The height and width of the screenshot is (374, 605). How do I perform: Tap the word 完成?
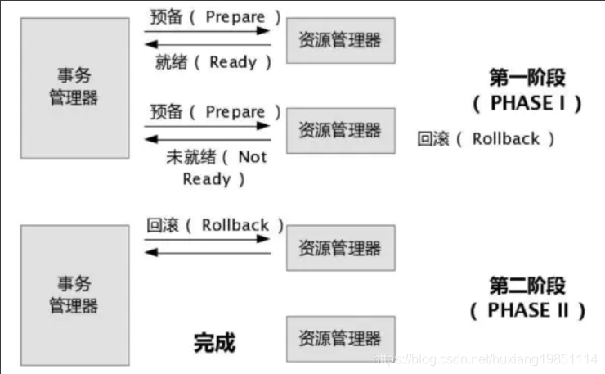[214, 341]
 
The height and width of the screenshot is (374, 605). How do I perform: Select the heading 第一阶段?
[527, 78]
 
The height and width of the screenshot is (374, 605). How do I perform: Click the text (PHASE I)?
[527, 103]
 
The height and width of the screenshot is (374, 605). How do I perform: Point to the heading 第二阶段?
[527, 286]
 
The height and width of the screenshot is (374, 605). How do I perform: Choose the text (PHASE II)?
[528, 310]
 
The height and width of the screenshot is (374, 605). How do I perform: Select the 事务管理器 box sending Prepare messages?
[74, 87]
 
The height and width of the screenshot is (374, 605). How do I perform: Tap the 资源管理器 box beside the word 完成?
[340, 338]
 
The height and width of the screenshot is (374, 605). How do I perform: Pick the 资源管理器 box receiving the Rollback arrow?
[340, 248]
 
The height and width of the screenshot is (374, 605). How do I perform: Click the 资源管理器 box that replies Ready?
[340, 40]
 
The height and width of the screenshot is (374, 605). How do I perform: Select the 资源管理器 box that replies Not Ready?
[340, 130]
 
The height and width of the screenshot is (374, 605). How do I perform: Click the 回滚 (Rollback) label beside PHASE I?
[486, 138]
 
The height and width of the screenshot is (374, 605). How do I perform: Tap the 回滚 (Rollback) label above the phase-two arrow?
[216, 224]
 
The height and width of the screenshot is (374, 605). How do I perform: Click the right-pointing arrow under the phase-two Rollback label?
[208, 239]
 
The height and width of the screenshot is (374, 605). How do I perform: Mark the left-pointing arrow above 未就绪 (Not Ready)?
[208, 140]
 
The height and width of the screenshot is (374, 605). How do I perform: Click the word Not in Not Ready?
[252, 156]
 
